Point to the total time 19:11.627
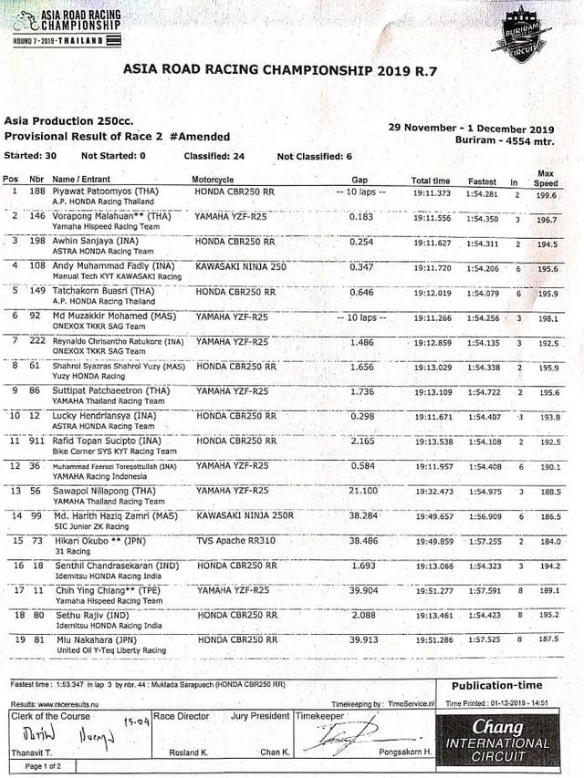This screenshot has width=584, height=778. pyautogui.click(x=431, y=243)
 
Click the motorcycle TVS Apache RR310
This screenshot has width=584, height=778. pyautogui.click(x=235, y=541)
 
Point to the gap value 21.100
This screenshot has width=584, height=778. pyautogui.click(x=364, y=491)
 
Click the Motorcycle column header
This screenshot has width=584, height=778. pyautogui.click(x=213, y=180)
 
